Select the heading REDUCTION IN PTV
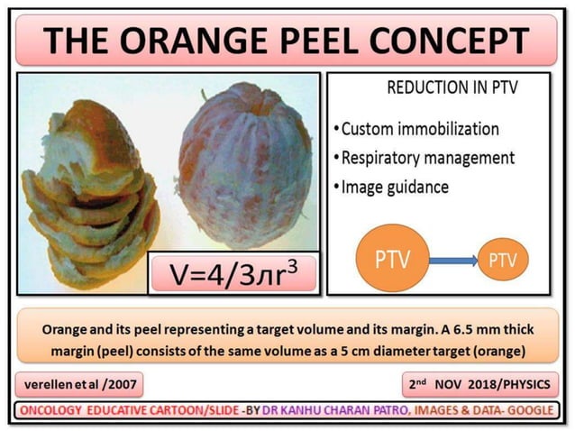click(x=443, y=89)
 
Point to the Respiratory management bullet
click(x=427, y=158)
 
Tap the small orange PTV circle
click(x=502, y=261)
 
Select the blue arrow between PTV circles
click(x=449, y=261)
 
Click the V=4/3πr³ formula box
click(x=233, y=272)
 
